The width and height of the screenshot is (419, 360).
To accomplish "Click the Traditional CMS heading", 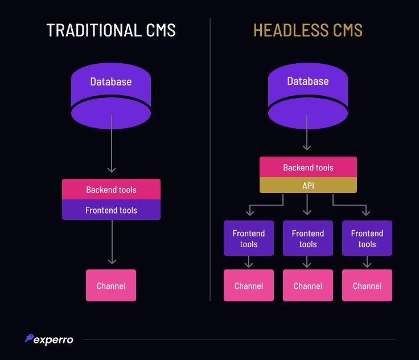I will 110,30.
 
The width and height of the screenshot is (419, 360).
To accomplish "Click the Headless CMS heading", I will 307,30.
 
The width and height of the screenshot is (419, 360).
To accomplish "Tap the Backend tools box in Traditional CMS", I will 111,189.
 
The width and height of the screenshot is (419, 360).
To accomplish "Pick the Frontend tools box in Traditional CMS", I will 111,210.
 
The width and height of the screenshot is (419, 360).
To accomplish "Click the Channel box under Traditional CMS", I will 111,285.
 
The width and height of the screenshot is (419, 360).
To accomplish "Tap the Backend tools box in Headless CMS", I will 308,167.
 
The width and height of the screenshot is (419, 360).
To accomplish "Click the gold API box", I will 308,185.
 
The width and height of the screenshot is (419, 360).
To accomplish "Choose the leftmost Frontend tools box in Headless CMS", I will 249,238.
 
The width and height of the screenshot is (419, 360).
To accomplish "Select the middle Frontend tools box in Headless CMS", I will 308,238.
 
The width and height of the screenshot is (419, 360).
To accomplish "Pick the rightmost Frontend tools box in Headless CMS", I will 367,238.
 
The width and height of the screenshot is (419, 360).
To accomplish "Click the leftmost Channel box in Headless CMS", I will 249,285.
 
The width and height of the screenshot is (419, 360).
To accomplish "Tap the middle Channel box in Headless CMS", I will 308,285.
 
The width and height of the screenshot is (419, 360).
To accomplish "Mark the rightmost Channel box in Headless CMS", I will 367,285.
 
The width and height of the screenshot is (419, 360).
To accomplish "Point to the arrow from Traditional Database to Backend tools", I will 112,145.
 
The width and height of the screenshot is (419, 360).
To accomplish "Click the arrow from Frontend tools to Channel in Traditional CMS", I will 112,242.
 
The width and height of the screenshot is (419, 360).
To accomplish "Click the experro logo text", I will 54,340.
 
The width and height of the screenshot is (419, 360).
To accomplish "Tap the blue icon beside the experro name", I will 28,338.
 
